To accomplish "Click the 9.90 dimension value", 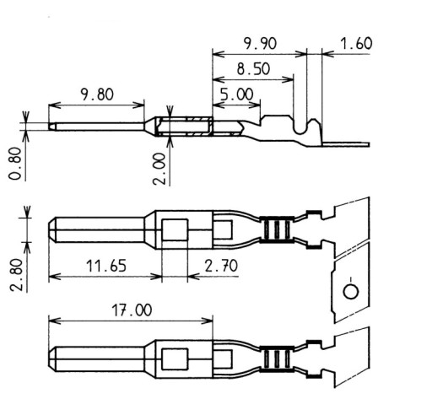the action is point(260,44).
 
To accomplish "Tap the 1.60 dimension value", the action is point(356,44).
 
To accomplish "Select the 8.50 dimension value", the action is point(253,69).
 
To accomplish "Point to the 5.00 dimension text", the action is point(237,94).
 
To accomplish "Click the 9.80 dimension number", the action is point(97,94).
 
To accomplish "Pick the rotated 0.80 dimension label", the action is point(15,164).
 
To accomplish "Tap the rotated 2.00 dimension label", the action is point(159,169).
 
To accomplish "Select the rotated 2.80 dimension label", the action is point(16,275).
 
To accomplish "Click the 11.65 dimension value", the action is point(106,266).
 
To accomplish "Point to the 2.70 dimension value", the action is point(221,266).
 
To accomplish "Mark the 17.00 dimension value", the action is point(132,310).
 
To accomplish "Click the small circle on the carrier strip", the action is point(351,292).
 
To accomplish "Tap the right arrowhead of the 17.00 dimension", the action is point(208,321).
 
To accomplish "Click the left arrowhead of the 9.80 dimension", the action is point(55,105).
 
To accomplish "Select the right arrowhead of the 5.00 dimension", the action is point(255,105).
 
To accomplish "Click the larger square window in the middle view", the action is point(175,229).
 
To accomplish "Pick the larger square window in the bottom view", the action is point(175,359).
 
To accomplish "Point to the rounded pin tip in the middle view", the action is point(52,229).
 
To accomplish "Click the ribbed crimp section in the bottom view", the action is point(277,359).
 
